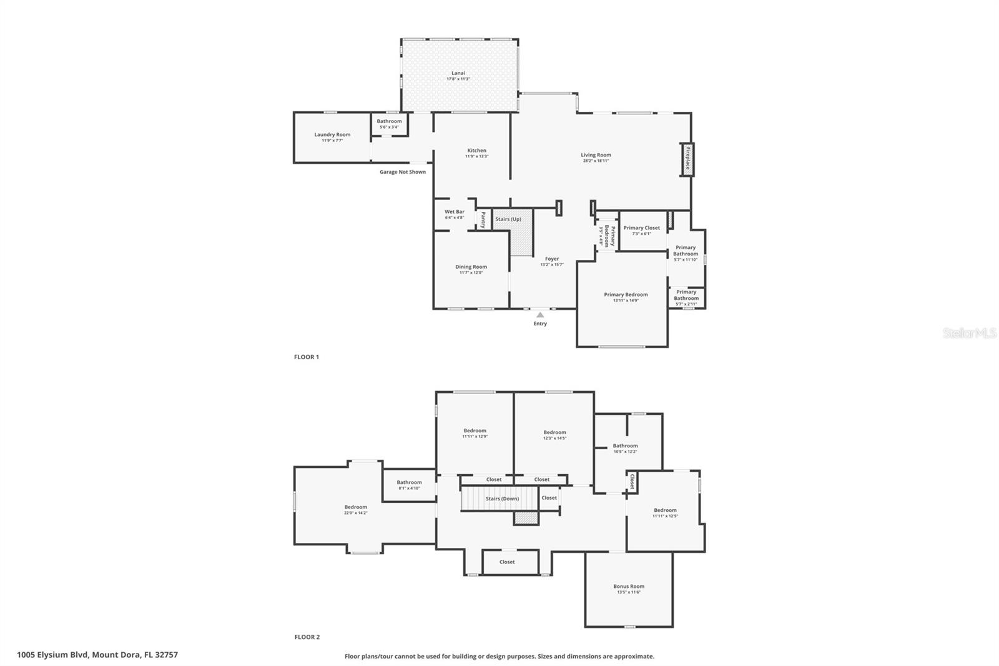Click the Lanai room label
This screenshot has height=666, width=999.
458,73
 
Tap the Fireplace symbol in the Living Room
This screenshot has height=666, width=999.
687,159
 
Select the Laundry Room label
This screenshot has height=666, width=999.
332,134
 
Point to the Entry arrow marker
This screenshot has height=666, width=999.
540,315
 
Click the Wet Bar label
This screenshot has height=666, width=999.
455,212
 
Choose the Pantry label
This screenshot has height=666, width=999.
483,220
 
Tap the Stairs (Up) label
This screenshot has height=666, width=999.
508,219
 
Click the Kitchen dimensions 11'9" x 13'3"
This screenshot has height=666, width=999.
476,156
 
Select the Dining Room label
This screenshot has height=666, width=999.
471,267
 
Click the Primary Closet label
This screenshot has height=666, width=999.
641,228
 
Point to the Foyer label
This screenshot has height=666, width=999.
552,259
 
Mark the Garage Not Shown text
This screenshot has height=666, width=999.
403,172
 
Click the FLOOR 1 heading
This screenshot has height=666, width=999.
307,357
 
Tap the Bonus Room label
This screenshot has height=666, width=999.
629,586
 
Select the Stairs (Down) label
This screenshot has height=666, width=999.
503,499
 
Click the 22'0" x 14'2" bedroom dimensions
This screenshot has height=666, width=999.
356,513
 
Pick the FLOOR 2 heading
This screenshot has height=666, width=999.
307,637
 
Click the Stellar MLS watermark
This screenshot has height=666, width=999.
969,334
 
